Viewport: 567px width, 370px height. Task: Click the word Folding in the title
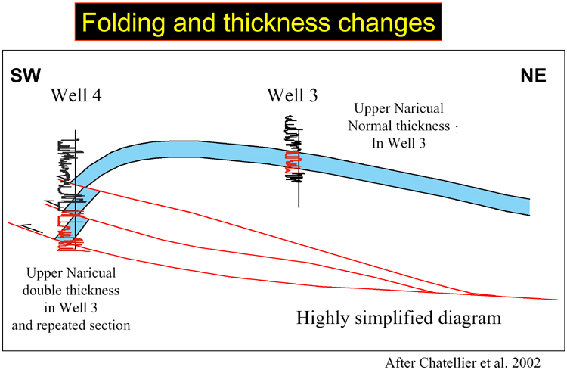pyautogui.click(x=123, y=23)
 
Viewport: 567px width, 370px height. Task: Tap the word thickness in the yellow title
pyautogui.click(x=276, y=22)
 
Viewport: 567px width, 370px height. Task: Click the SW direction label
pyautogui.click(x=25, y=76)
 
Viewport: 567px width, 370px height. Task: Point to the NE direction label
pyautogui.click(x=533, y=76)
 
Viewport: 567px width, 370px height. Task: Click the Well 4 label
pyautogui.click(x=76, y=95)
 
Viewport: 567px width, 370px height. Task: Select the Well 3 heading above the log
pyautogui.click(x=292, y=95)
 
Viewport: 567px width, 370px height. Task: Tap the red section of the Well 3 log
pyautogui.click(x=293, y=162)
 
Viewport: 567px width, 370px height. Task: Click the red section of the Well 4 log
pyautogui.click(x=72, y=231)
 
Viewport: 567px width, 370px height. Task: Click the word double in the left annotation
pyautogui.click(x=40, y=290)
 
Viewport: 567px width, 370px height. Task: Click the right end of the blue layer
pyautogui.click(x=529, y=207)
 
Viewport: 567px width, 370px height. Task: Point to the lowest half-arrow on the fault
pyautogui.click(x=31, y=229)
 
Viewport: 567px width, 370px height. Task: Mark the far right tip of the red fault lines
pyautogui.click(x=557, y=300)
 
